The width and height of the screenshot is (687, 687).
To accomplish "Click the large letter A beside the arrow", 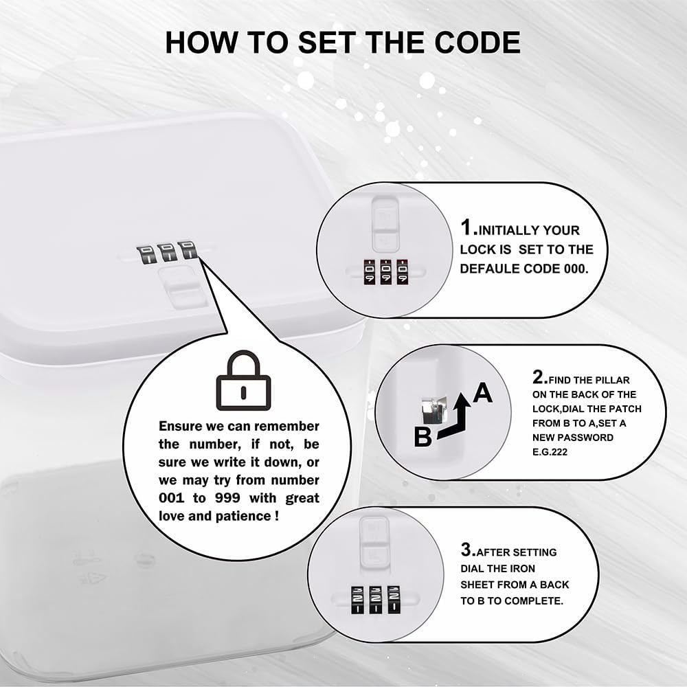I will (x=483, y=393).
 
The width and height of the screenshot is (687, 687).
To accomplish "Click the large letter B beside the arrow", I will (x=423, y=438).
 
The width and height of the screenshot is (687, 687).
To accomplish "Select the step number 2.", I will (x=539, y=376).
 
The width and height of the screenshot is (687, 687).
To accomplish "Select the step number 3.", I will (x=467, y=550).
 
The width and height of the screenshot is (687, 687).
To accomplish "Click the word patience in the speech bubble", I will (x=240, y=515).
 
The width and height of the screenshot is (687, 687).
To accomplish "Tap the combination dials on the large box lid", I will (x=167, y=252).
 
